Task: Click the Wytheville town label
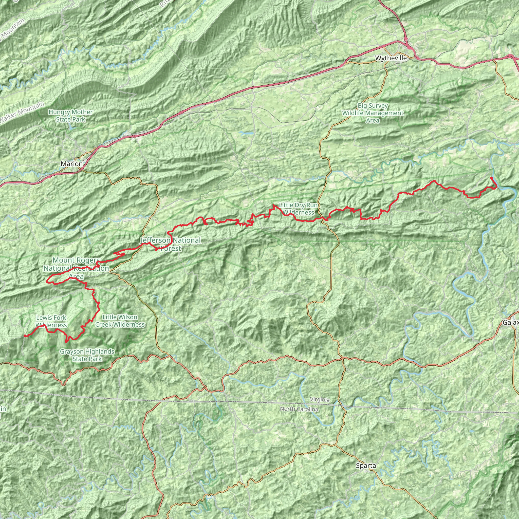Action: (x=391, y=58)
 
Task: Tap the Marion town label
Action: (x=72, y=164)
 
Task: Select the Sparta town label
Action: (x=366, y=466)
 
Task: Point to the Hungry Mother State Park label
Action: (x=71, y=116)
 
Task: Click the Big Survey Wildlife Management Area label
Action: (x=373, y=113)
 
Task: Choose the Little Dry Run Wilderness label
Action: (x=299, y=209)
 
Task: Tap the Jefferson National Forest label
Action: (x=171, y=244)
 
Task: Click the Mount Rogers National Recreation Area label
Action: (x=76, y=268)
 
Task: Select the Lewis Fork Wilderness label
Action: (x=51, y=321)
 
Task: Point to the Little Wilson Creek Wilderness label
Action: (x=120, y=321)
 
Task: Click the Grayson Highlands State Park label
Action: (x=87, y=355)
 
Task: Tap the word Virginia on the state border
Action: (x=320, y=399)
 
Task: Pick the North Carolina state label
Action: (x=299, y=409)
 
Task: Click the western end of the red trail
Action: (x=24, y=336)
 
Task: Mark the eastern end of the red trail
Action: (x=491, y=178)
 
